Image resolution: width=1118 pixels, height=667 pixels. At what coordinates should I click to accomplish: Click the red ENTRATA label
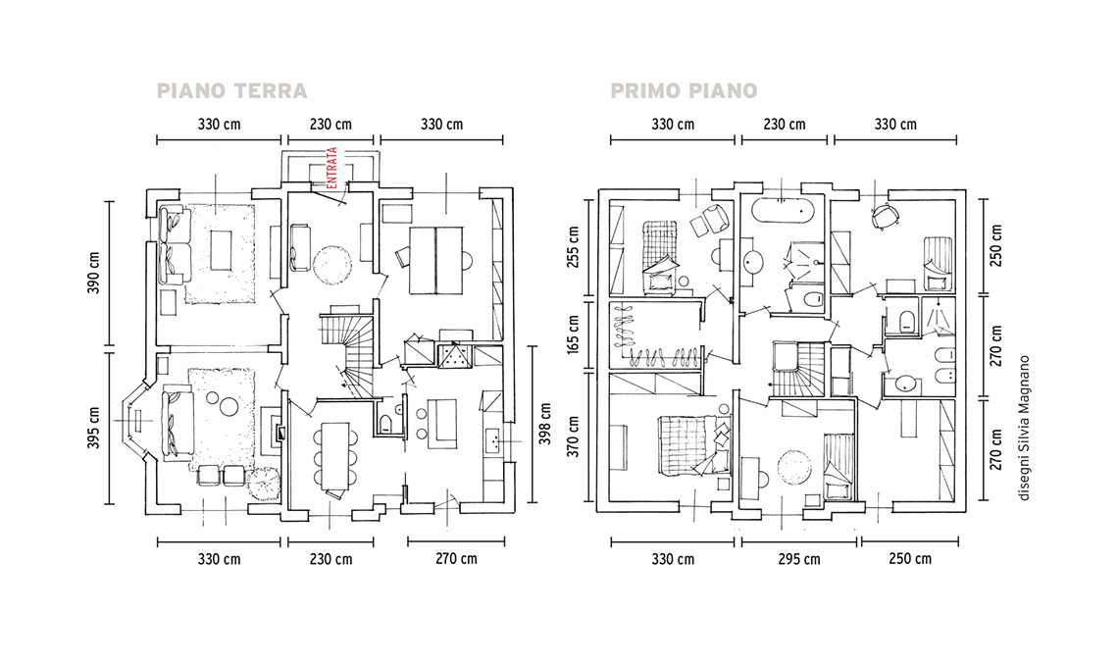tap(331, 169)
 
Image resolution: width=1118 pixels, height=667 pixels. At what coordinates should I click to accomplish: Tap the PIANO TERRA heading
tap(231, 91)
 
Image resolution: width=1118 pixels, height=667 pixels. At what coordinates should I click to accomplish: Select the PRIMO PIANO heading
tap(684, 91)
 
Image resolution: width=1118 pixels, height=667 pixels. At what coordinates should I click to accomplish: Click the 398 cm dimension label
tap(545, 424)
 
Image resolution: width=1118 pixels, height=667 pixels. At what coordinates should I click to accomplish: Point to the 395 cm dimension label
tap(93, 428)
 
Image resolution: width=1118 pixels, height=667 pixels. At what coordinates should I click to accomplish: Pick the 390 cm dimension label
tap(93, 273)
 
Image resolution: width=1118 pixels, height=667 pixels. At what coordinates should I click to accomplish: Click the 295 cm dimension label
tap(798, 559)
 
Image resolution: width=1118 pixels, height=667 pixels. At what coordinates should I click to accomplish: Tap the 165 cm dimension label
tap(573, 333)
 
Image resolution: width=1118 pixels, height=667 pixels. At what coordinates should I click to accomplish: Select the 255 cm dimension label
tap(573, 247)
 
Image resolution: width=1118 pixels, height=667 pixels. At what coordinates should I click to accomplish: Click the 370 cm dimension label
tap(573, 436)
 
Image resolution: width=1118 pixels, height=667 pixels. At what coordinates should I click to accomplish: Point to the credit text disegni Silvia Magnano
tap(1025, 428)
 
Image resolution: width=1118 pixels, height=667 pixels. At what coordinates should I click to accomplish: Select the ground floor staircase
tap(347, 353)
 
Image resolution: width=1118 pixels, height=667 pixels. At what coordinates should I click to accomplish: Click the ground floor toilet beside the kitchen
tap(386, 423)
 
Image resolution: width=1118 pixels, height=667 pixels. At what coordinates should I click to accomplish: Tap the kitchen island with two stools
tap(442, 424)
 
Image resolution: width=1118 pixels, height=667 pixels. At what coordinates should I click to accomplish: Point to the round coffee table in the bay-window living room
tap(229, 407)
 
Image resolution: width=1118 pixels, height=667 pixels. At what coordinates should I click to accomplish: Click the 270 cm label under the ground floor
tap(456, 558)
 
